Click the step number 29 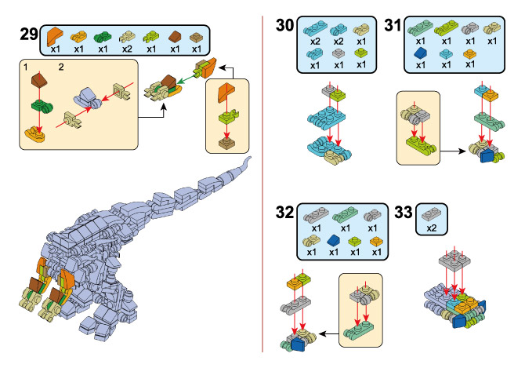click(29, 34)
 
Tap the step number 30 click(285, 25)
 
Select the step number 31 click(393, 25)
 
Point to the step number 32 click(285, 212)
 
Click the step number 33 click(404, 212)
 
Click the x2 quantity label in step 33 click(432, 228)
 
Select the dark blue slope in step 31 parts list click(422, 53)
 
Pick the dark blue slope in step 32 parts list click(334, 240)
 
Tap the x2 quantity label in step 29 click(127, 49)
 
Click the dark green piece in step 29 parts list click(102, 37)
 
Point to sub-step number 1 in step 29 click(26, 67)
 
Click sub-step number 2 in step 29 click(61, 67)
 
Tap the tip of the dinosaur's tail click(249, 157)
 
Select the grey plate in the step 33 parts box click(431, 214)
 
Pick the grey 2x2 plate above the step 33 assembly click(454, 261)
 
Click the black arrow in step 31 click(453, 151)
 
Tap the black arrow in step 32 click(329, 333)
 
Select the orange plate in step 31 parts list click(469, 53)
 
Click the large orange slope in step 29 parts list click(56, 36)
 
